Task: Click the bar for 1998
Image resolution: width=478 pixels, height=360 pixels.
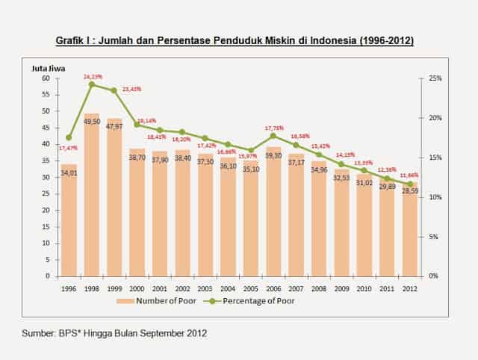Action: pos(92,209)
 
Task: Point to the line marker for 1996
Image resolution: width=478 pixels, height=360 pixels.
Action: pos(69,137)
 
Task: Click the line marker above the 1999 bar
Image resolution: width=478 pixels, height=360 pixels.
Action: pos(114,90)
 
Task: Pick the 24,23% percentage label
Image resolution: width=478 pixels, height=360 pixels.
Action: pos(93,75)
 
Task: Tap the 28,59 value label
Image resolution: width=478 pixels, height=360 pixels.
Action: pos(410,192)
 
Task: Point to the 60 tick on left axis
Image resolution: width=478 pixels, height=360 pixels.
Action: pos(45,78)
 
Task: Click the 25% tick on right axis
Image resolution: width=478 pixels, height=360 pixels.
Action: pos(435,78)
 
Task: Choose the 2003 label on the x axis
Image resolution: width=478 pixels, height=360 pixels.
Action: pos(205,288)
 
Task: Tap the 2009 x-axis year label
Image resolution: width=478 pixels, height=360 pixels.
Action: pos(342,288)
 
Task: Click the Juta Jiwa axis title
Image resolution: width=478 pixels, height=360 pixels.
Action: pos(48,68)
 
